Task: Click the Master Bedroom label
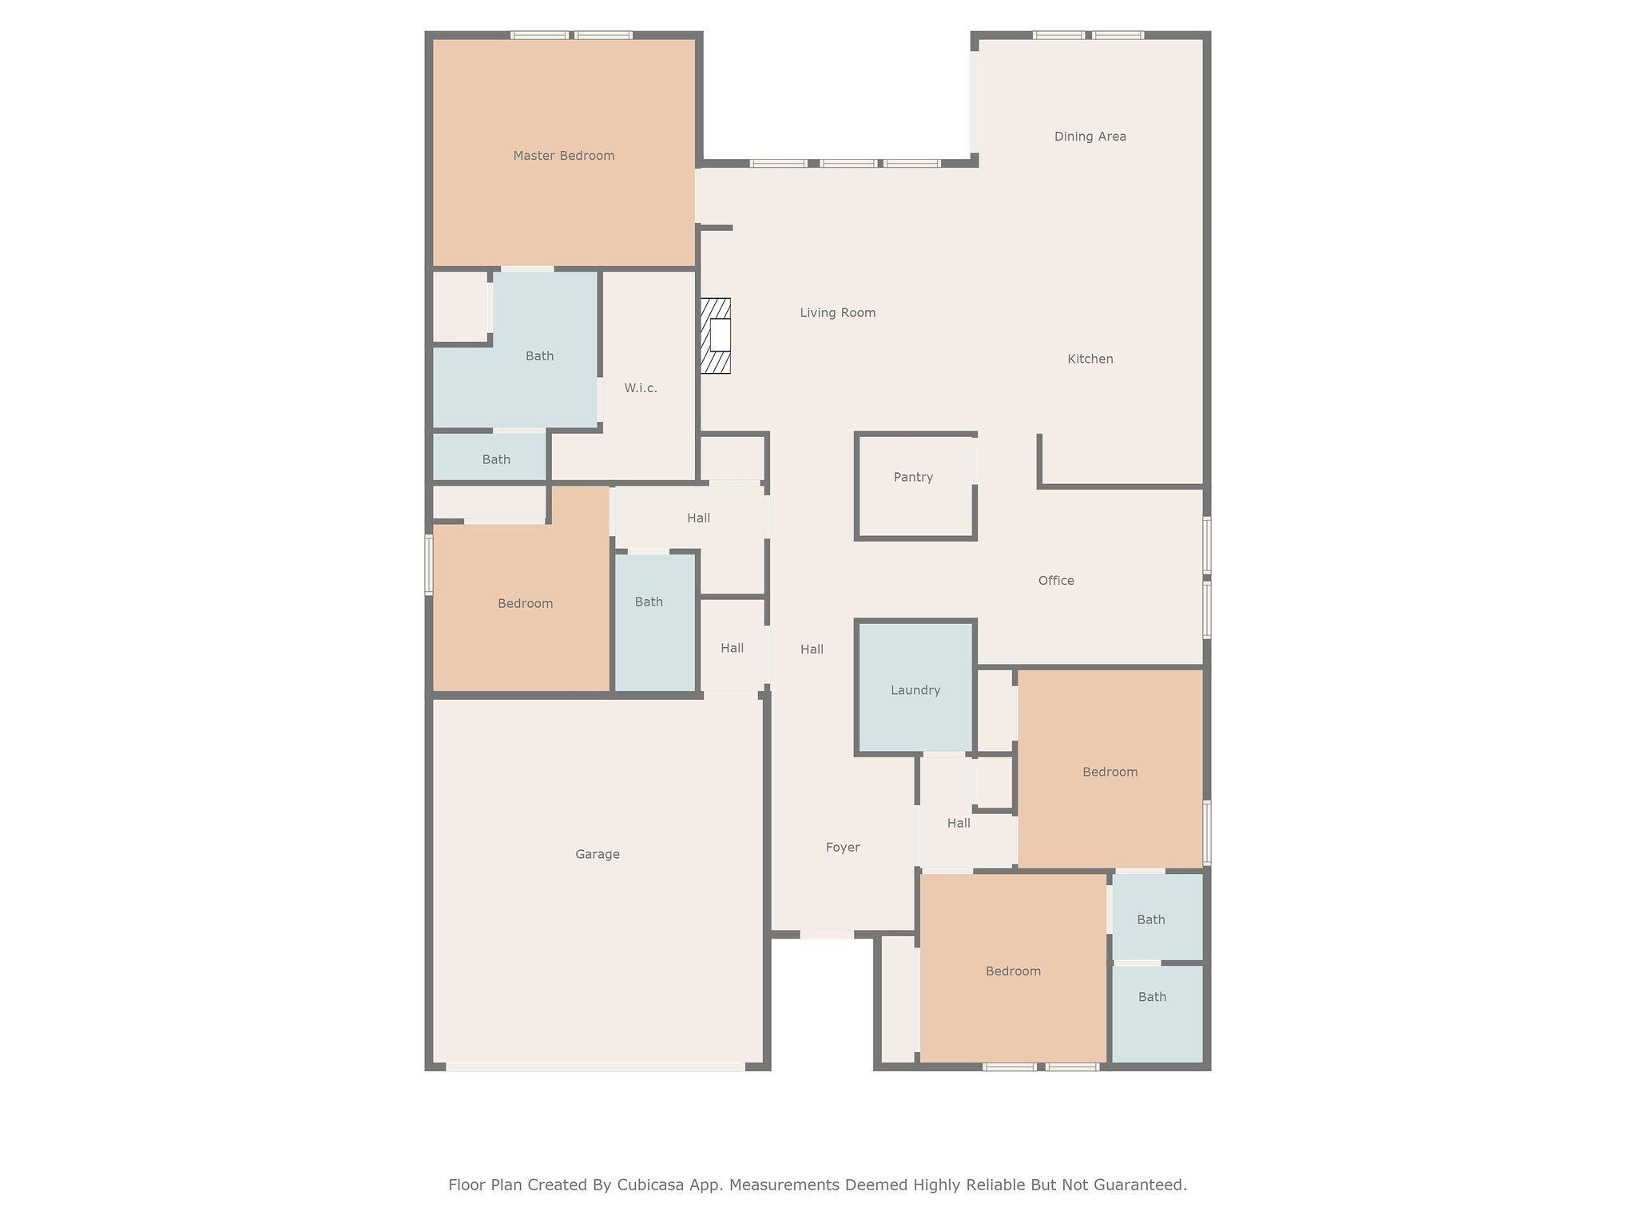click(564, 156)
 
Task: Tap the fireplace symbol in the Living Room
click(716, 336)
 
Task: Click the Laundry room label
click(915, 690)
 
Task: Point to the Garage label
click(598, 855)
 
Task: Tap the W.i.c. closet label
click(641, 388)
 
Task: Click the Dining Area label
click(1090, 137)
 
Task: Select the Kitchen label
click(1090, 359)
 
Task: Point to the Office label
click(1056, 581)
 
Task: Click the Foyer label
click(843, 848)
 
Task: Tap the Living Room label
click(838, 313)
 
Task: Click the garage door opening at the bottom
click(595, 1067)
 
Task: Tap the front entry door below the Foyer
click(827, 934)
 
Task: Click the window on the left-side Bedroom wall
click(429, 565)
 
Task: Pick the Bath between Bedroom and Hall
click(655, 621)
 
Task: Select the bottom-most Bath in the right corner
click(1158, 1014)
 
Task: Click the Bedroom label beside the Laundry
click(1110, 772)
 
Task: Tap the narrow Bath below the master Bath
click(490, 457)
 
